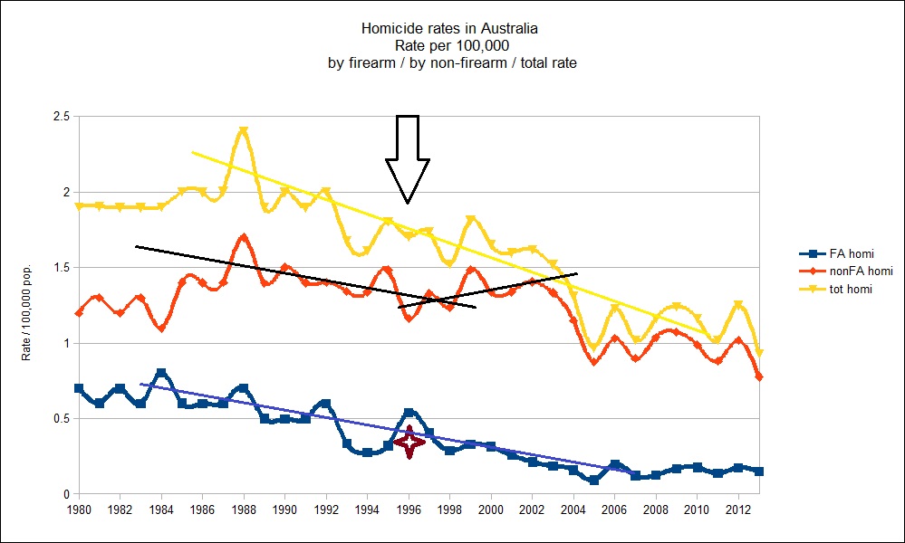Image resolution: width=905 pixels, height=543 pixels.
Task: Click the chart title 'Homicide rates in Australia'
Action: pyautogui.click(x=452, y=29)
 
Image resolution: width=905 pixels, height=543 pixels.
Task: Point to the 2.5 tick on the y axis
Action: pyautogui.click(x=62, y=117)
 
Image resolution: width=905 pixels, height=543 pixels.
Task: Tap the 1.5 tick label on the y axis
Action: pyautogui.click(x=62, y=268)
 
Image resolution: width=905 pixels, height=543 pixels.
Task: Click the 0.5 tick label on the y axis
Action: pyautogui.click(x=62, y=419)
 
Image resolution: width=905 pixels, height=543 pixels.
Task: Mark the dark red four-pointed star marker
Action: pyautogui.click(x=409, y=443)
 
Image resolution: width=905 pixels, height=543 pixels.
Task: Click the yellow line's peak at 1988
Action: pyautogui.click(x=244, y=131)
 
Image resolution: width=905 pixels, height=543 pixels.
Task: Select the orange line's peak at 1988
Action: pyautogui.click(x=244, y=238)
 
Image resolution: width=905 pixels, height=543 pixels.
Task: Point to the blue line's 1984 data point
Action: pyautogui.click(x=161, y=374)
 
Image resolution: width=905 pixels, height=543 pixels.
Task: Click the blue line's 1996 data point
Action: pyautogui.click(x=409, y=414)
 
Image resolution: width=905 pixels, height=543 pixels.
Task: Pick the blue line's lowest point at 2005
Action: pyautogui.click(x=593, y=480)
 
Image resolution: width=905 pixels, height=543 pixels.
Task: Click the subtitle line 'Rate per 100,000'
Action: pyautogui.click(x=452, y=46)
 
